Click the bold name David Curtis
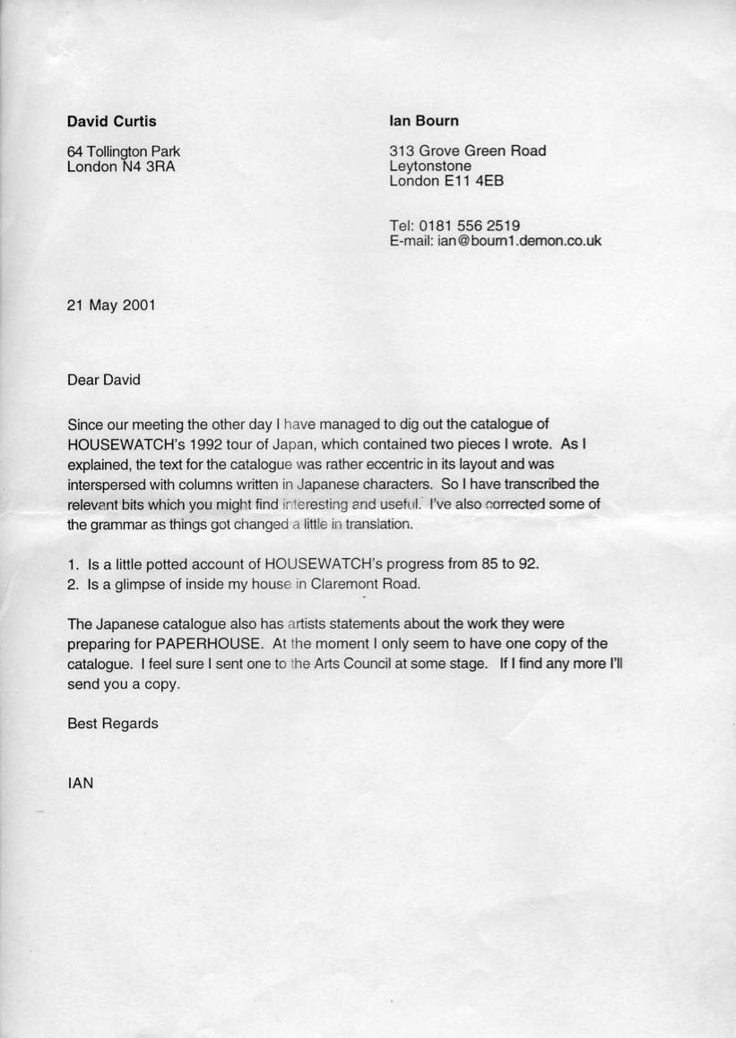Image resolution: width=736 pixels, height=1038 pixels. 112,121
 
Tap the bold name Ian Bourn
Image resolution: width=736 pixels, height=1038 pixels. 424,120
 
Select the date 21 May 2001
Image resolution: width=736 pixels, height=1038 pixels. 111,305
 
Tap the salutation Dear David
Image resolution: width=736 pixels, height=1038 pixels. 104,380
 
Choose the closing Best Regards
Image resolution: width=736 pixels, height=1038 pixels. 113,723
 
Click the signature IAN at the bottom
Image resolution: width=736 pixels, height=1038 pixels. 81,782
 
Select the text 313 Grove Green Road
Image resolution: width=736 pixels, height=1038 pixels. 467,150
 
